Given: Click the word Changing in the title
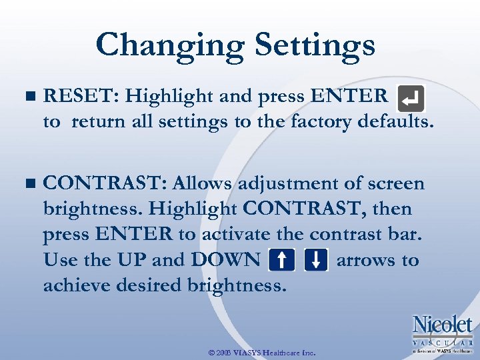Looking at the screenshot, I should tap(169, 45).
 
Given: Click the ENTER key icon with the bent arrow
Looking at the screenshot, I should tap(410, 100).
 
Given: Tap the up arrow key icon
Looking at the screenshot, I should tap(282, 261).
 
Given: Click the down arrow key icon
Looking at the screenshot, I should tap(316, 261).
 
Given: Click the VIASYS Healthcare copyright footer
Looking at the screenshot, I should tap(263, 352).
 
